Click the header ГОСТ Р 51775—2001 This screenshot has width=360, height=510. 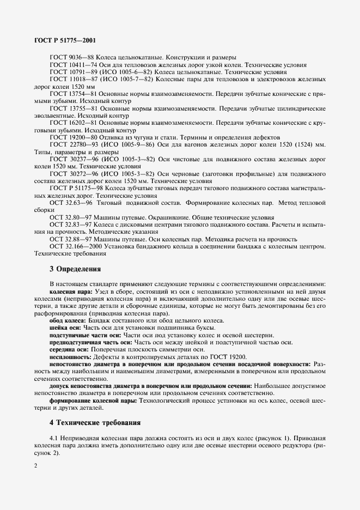(66, 40)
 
